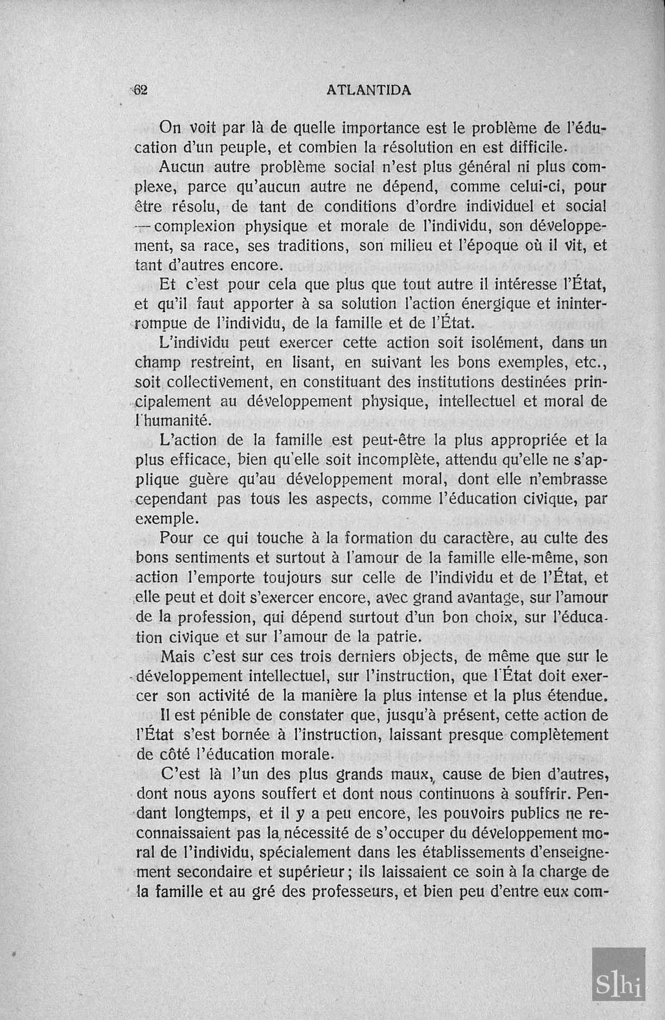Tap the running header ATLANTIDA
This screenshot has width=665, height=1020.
369,91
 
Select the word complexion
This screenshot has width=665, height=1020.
194,226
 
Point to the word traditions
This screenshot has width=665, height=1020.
312,245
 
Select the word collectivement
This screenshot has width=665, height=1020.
218,382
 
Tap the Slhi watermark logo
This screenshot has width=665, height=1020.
619,974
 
